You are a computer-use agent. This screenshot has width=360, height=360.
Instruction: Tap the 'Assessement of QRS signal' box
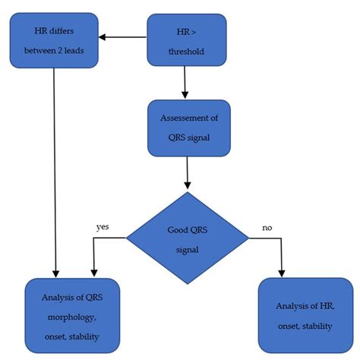[x=188, y=127]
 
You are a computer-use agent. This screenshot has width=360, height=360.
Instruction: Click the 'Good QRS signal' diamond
[x=187, y=236]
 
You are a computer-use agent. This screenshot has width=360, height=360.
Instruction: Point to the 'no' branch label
[x=267, y=226]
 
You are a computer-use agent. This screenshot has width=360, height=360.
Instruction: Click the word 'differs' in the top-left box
[x=68, y=31]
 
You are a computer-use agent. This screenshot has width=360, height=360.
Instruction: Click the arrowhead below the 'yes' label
[x=93, y=273]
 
